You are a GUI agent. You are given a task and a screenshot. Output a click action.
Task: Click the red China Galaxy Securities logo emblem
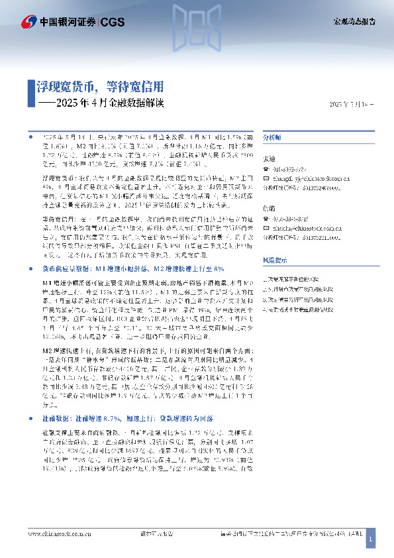click(28, 21)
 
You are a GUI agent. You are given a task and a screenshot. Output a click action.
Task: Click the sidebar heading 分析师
click(272, 136)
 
